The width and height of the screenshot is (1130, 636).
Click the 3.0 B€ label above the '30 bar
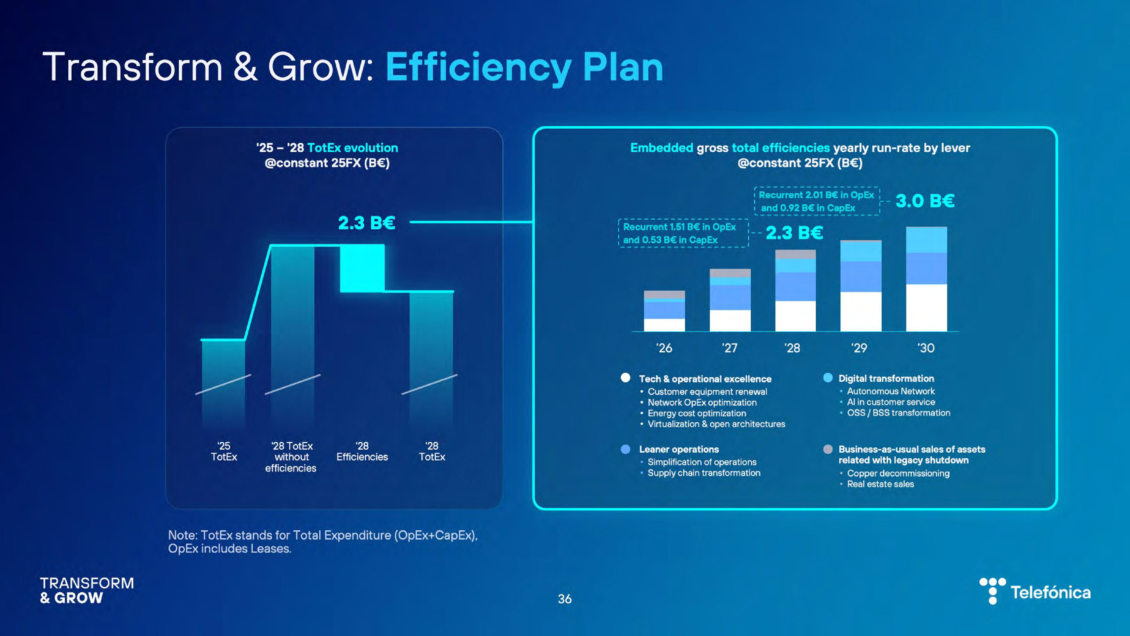(925, 201)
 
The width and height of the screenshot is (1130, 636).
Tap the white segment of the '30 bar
(926, 308)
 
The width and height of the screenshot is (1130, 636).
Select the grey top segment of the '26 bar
(664, 294)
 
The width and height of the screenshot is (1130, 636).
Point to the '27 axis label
(729, 348)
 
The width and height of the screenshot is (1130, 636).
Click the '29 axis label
(859, 348)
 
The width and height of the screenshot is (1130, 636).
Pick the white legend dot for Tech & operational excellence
(626, 378)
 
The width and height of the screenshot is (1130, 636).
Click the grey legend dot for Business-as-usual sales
(828, 449)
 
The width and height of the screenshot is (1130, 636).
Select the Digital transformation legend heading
(886, 378)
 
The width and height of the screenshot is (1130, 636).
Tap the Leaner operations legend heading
(679, 449)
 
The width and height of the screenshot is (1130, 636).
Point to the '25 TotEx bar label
(224, 451)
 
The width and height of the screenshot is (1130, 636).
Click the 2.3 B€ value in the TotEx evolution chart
(366, 223)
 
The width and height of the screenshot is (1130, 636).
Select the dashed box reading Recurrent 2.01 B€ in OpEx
(816, 201)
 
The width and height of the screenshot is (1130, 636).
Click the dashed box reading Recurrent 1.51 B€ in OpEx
(683, 233)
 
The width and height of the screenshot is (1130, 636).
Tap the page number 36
(565, 599)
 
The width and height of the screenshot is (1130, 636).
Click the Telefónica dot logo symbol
(993, 590)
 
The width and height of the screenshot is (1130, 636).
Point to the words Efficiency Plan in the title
(524, 68)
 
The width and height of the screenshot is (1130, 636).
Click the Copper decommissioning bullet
(898, 473)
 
